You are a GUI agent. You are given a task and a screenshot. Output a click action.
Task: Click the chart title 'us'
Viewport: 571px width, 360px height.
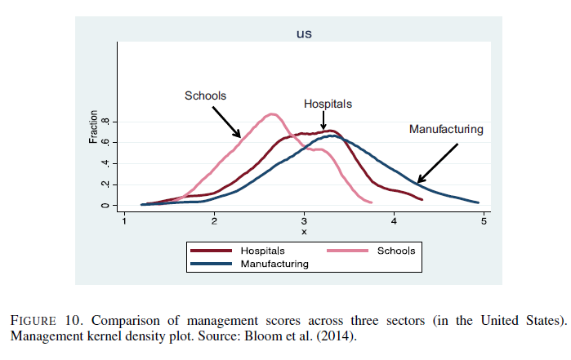(x=304, y=34)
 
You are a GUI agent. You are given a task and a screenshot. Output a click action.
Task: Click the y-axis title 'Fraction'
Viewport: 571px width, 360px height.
(x=93, y=127)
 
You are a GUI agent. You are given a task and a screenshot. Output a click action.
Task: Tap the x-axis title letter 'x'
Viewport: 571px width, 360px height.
(x=304, y=232)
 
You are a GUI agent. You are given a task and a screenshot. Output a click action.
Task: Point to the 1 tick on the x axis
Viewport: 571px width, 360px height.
(x=124, y=221)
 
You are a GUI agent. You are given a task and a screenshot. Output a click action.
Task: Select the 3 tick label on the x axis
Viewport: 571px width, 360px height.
(x=304, y=221)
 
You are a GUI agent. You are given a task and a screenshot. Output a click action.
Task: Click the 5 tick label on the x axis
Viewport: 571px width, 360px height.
(x=484, y=221)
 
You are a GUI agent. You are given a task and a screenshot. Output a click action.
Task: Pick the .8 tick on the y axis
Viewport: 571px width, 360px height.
(x=105, y=122)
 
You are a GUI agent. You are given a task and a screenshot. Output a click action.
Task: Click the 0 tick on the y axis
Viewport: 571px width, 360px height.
(x=105, y=205)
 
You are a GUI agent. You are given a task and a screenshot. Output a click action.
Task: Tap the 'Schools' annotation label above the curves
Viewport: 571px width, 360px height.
(x=206, y=96)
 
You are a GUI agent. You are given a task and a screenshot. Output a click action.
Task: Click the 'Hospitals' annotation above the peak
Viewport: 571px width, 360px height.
(x=328, y=104)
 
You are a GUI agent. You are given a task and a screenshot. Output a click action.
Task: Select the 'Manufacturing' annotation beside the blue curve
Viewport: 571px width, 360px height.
(x=446, y=129)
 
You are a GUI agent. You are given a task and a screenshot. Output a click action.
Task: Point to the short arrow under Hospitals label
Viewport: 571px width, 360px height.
(x=324, y=120)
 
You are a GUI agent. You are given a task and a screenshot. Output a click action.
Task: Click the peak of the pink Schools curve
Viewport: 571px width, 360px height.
(x=273, y=113)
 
